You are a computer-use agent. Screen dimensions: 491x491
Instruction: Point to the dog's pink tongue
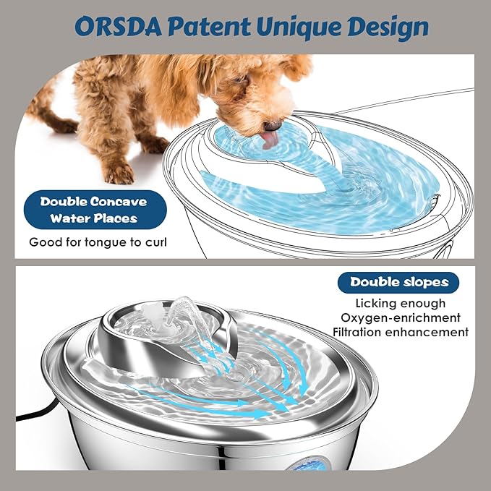pos(270,140)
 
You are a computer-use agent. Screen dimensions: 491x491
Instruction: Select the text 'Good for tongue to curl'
pos(98,242)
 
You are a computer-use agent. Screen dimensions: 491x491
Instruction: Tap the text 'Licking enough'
pos(401,304)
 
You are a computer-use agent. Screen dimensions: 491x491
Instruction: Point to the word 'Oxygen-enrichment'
pos(401,317)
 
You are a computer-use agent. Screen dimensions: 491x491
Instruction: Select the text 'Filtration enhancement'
pos(401,332)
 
